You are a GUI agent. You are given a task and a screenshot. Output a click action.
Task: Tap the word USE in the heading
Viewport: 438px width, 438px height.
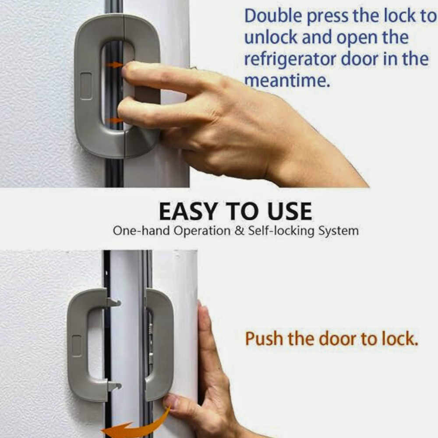(x=290, y=212)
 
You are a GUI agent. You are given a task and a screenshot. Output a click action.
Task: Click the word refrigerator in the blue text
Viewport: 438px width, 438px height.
(x=290, y=59)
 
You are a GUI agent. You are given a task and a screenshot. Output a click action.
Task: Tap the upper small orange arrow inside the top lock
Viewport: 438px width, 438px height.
(x=114, y=65)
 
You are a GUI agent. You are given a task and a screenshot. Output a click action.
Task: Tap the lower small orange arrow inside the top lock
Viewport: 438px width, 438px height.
(x=114, y=120)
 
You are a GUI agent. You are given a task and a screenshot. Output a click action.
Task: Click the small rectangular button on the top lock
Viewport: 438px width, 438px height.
(x=86, y=86)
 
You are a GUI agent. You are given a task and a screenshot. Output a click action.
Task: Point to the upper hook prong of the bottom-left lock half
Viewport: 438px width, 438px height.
(x=113, y=302)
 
